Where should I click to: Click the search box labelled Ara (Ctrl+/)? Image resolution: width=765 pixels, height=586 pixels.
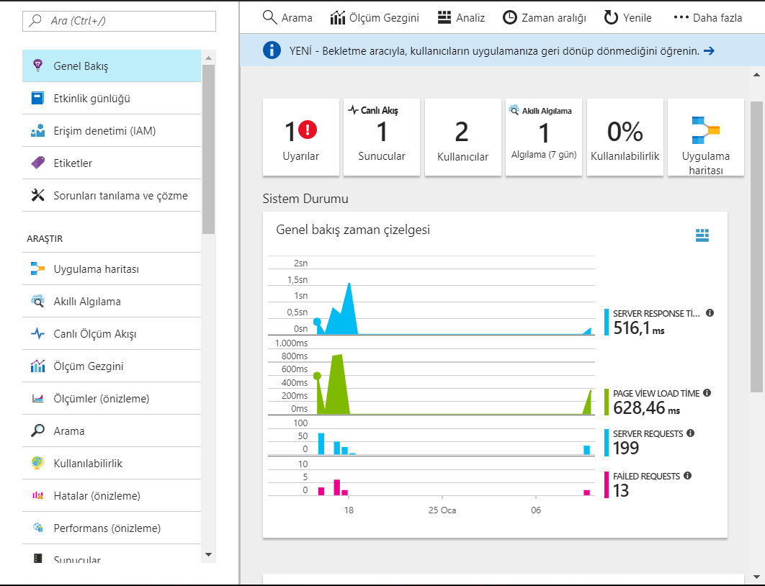pos(119,21)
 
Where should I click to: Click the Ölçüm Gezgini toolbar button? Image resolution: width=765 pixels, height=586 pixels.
pos(375,18)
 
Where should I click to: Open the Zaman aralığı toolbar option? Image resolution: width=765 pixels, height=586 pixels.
pos(545,18)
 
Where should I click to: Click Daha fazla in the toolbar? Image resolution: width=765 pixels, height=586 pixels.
pos(707,18)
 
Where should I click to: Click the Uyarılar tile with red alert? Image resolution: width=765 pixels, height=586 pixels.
pos(300,138)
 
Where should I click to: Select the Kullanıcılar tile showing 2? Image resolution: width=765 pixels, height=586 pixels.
pos(462,138)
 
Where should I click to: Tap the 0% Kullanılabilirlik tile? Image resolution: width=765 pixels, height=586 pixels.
pos(625,138)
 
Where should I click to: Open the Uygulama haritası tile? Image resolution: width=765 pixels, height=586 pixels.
pos(705,138)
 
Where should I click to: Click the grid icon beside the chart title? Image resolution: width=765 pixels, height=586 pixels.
pos(702,235)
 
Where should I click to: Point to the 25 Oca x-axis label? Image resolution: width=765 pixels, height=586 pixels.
pos(442,510)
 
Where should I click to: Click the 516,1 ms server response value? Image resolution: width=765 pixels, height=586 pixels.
pos(638,328)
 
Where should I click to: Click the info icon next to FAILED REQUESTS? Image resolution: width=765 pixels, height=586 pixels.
pos(687,476)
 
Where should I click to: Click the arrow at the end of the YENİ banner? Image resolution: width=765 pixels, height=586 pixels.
pos(709,50)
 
